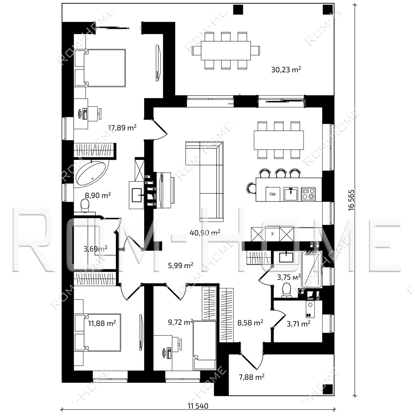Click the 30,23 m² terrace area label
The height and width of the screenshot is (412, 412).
pos(286,70)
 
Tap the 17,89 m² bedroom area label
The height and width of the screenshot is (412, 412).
pos(122,128)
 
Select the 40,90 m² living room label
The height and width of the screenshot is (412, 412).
pos(205,232)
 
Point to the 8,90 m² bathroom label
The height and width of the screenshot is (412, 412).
pos(98,195)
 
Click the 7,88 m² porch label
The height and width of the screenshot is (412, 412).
pos(251,377)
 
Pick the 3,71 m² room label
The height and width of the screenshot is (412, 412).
pos(298,324)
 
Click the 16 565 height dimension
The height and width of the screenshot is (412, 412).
pos(351,200)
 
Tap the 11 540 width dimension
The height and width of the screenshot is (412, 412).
pos(198,406)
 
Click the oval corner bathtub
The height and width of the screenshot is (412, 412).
pos(92,174)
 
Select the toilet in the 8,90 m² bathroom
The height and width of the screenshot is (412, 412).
pos(84,205)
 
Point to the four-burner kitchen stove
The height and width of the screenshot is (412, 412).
pos(308,194)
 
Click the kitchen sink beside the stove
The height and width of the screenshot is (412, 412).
pos(291,194)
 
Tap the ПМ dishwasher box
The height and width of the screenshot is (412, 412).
pos(272,194)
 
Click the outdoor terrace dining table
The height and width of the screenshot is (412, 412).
pos(226,51)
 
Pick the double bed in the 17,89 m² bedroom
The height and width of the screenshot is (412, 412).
pos(100,68)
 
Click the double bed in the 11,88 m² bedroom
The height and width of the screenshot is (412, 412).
pos(98,332)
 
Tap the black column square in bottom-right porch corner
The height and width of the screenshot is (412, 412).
pos(328,390)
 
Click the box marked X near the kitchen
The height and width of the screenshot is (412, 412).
pos(272,234)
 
